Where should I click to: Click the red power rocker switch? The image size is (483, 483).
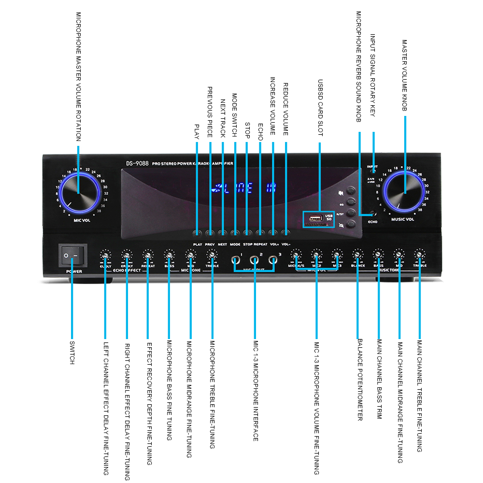coord(72,255)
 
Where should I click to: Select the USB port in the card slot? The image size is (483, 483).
coord(314,216)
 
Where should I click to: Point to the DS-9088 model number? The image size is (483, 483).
coord(137,163)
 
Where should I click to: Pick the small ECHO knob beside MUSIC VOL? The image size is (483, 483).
coord(373,212)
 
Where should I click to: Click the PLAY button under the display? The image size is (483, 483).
coord(197,233)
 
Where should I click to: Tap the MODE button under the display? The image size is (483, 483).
coord(235,233)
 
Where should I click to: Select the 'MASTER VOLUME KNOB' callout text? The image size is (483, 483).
coord(405,75)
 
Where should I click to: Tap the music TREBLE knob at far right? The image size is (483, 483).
coord(420,255)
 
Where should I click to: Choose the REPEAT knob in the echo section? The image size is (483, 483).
coord(148,255)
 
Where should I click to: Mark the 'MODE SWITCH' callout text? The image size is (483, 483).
coord(235,115)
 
